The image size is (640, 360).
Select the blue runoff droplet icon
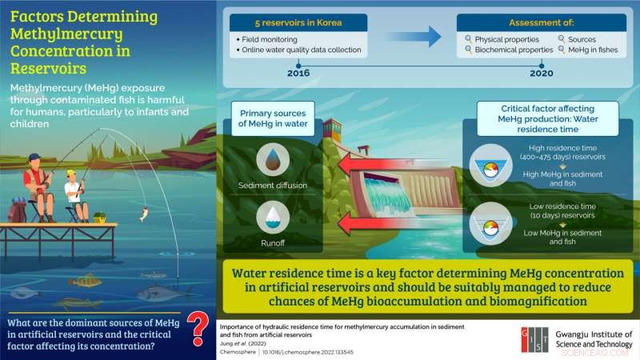point(274,214)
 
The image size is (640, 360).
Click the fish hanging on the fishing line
point(143,214)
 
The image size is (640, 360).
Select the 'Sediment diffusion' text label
point(274,183)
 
